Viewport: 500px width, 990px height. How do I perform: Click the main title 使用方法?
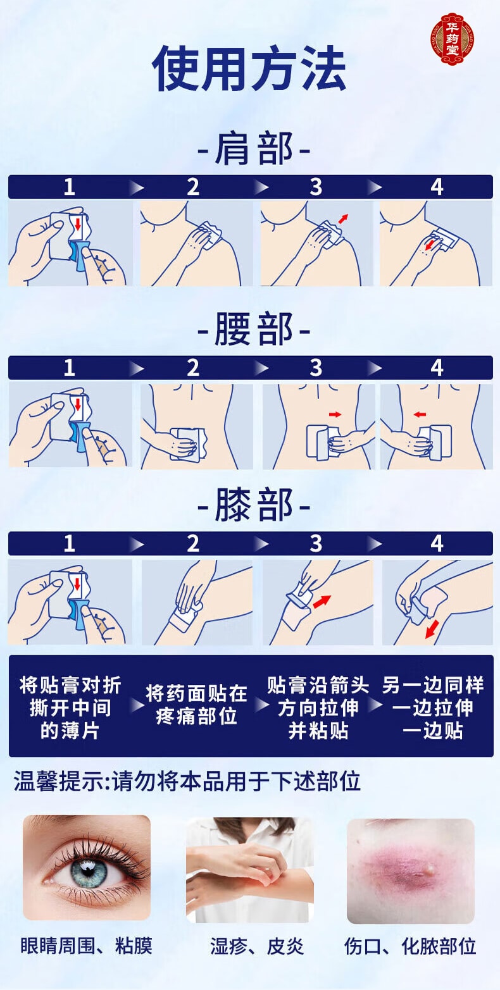(x=249, y=69)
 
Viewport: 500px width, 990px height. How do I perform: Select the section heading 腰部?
(x=253, y=331)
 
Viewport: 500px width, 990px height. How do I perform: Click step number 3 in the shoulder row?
(x=315, y=187)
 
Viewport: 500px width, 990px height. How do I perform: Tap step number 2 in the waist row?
(x=193, y=368)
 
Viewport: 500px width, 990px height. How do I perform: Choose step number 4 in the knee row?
(x=437, y=543)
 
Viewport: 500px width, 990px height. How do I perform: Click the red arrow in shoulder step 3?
(x=342, y=219)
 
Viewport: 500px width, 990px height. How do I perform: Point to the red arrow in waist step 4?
(x=418, y=414)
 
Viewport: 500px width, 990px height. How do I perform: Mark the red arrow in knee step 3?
(x=322, y=600)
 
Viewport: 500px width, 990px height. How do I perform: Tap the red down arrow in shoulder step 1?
(x=77, y=225)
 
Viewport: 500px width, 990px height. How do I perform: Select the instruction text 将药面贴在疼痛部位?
(x=196, y=705)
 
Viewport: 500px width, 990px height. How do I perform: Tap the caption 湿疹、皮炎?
(x=257, y=946)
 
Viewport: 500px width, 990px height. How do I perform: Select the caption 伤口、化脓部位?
(x=410, y=946)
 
